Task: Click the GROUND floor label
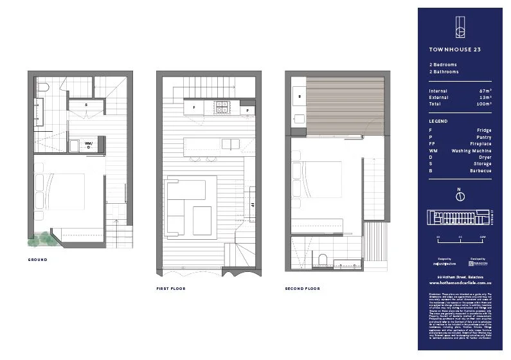pos(38,260)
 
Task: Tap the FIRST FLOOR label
pos(170,289)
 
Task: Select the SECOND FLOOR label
pos(302,289)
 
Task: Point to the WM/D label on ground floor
pos(89,145)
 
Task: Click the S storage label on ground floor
pos(86,104)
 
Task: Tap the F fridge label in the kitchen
pos(193,108)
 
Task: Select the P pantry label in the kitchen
pos(247,111)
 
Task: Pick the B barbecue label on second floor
pos(300,97)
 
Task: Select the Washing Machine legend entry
pos(471,150)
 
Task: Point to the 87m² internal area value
pos(485,91)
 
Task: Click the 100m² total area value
pos(484,104)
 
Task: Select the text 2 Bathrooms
pos(444,72)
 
